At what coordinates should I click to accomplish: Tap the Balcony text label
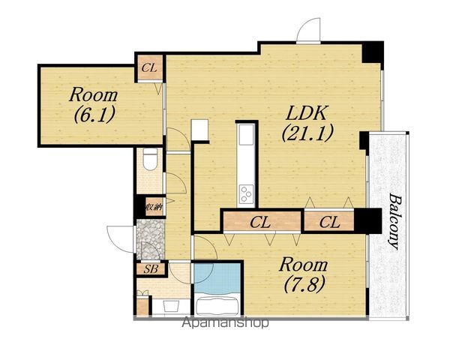click(x=394, y=221)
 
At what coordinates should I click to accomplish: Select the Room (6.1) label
click(x=94, y=105)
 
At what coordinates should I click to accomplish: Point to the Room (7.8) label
click(x=304, y=274)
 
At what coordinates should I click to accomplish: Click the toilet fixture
click(x=150, y=159)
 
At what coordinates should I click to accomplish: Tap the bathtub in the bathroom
click(x=217, y=306)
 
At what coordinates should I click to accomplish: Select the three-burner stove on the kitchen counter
click(x=246, y=194)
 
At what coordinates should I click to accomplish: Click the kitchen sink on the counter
click(x=246, y=135)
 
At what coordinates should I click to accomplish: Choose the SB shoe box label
click(x=151, y=269)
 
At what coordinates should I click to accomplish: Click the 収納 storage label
click(x=154, y=207)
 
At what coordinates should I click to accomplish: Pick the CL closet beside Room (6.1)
click(x=150, y=68)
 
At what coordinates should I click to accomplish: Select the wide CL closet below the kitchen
click(x=262, y=222)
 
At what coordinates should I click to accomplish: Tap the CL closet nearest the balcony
click(x=329, y=222)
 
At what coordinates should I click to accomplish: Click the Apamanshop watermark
click(x=226, y=322)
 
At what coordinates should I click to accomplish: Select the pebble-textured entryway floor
click(x=150, y=239)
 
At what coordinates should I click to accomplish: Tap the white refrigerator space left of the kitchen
click(x=199, y=130)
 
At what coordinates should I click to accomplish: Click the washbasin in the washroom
click(x=171, y=306)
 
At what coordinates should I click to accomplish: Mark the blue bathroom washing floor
click(x=217, y=278)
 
